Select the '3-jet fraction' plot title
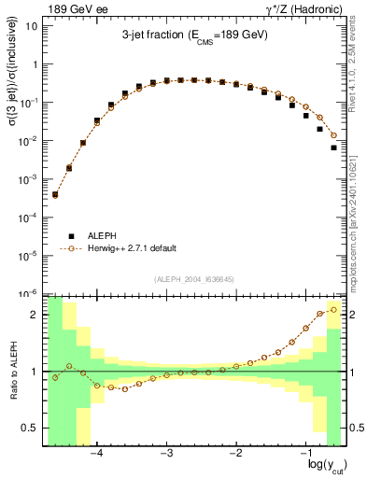194,35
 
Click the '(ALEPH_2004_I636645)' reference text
194,279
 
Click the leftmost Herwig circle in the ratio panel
55,377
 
